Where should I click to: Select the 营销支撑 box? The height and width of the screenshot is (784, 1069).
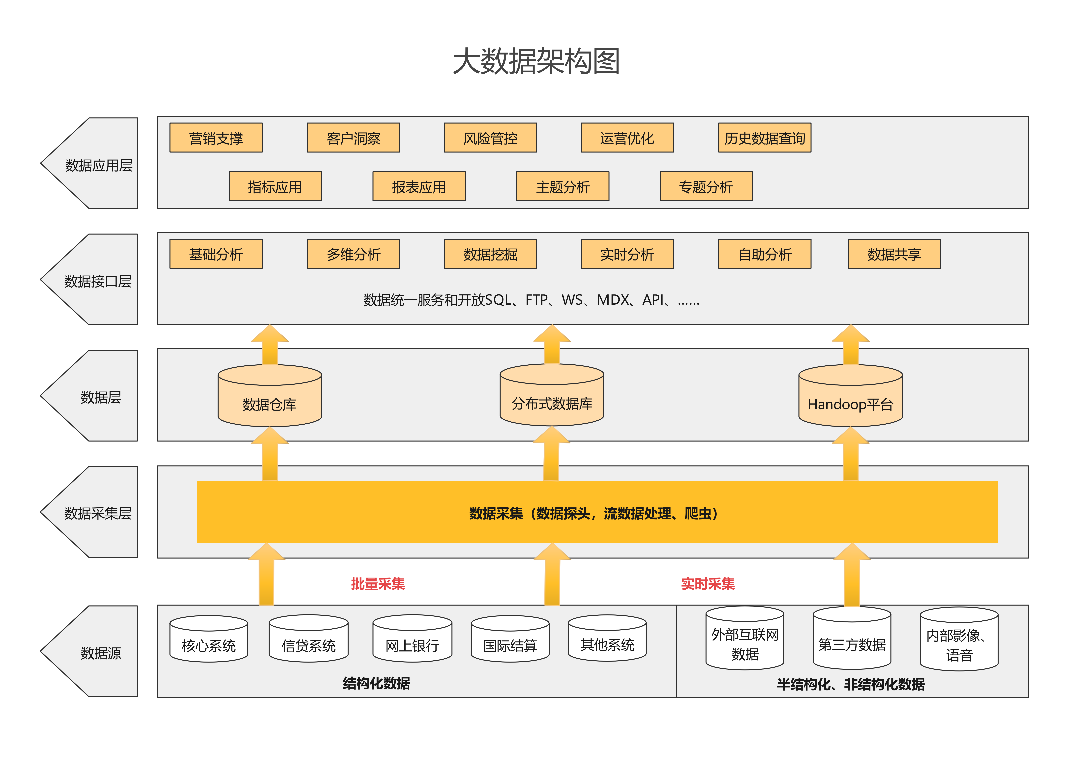tap(216, 138)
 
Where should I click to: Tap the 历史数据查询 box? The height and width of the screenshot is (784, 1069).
tap(764, 138)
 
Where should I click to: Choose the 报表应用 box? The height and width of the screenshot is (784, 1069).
tap(419, 186)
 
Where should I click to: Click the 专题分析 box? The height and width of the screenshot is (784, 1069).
tap(706, 186)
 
